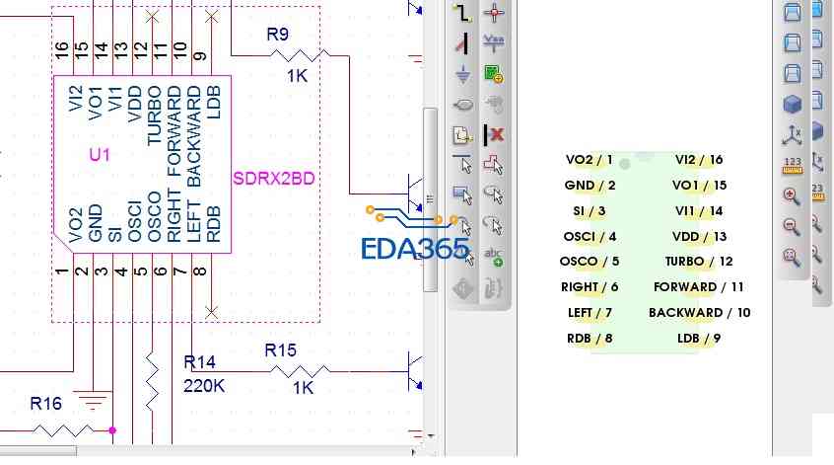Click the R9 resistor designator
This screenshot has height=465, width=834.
277,35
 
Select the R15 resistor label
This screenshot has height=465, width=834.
280,350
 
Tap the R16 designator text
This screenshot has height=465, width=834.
45,403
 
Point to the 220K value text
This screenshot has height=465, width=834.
204,386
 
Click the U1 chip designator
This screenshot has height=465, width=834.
100,155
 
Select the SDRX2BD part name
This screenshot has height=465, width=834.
274,179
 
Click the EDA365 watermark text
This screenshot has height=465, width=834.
414,248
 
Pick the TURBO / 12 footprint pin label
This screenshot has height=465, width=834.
699,262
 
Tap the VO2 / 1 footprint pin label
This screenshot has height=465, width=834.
590,159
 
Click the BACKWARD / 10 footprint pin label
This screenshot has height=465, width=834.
699,313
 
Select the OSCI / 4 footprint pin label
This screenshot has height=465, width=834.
590,236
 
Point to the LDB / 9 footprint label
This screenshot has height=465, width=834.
699,339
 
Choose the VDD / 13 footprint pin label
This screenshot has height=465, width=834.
699,236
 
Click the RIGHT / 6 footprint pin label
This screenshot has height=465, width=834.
590,287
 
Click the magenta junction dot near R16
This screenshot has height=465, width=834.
112,430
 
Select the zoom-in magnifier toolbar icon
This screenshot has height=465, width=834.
791,195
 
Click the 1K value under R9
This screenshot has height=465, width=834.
299,75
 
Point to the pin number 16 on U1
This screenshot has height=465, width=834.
62,48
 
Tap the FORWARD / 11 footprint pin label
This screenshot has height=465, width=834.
699,287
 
